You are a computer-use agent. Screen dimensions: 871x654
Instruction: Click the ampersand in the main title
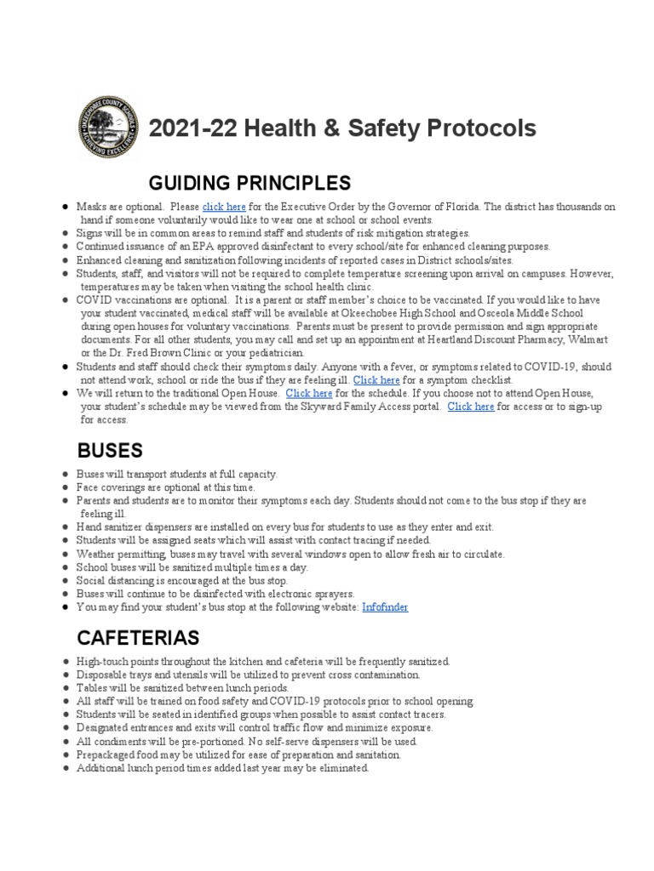(327, 128)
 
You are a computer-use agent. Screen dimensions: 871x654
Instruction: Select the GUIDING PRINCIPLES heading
(250, 183)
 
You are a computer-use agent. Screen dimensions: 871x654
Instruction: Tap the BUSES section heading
(110, 449)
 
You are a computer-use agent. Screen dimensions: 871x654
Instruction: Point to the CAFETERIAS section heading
(138, 637)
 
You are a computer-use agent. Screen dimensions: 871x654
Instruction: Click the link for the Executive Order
(224, 207)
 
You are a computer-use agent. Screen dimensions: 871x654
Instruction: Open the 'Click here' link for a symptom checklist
(376, 379)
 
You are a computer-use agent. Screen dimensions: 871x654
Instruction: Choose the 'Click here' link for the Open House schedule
(309, 394)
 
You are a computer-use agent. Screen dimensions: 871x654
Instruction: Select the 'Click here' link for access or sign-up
(470, 407)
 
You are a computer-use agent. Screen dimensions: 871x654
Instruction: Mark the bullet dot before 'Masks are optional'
(65, 208)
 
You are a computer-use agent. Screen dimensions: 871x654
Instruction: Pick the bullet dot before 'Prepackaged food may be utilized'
(65, 755)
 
